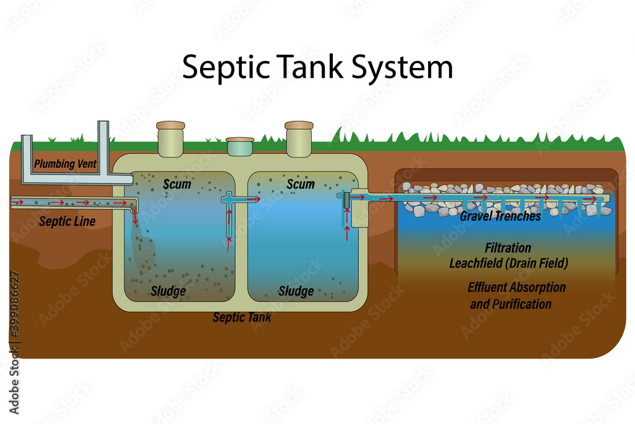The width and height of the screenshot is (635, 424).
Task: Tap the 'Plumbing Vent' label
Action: tap(65, 164)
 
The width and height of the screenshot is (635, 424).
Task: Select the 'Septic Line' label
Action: tap(67, 221)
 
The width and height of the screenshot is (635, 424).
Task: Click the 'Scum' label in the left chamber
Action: tap(177, 184)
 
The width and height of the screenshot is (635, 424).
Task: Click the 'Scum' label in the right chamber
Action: tap(300, 184)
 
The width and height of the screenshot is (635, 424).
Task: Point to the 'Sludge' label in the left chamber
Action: tap(168, 291)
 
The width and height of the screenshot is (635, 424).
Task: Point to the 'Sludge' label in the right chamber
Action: tap(296, 291)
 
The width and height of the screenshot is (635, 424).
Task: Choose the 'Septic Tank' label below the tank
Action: tap(242, 317)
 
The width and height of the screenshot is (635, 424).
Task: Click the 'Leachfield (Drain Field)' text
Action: tap(508, 263)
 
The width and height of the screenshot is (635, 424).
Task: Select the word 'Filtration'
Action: tap(508, 248)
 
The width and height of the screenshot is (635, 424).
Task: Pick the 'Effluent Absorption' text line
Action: tap(516, 287)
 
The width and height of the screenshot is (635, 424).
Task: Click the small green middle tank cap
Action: tap(240, 146)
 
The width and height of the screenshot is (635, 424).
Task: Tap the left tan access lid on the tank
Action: tap(170, 137)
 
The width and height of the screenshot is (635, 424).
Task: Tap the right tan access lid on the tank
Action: tap(299, 137)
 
